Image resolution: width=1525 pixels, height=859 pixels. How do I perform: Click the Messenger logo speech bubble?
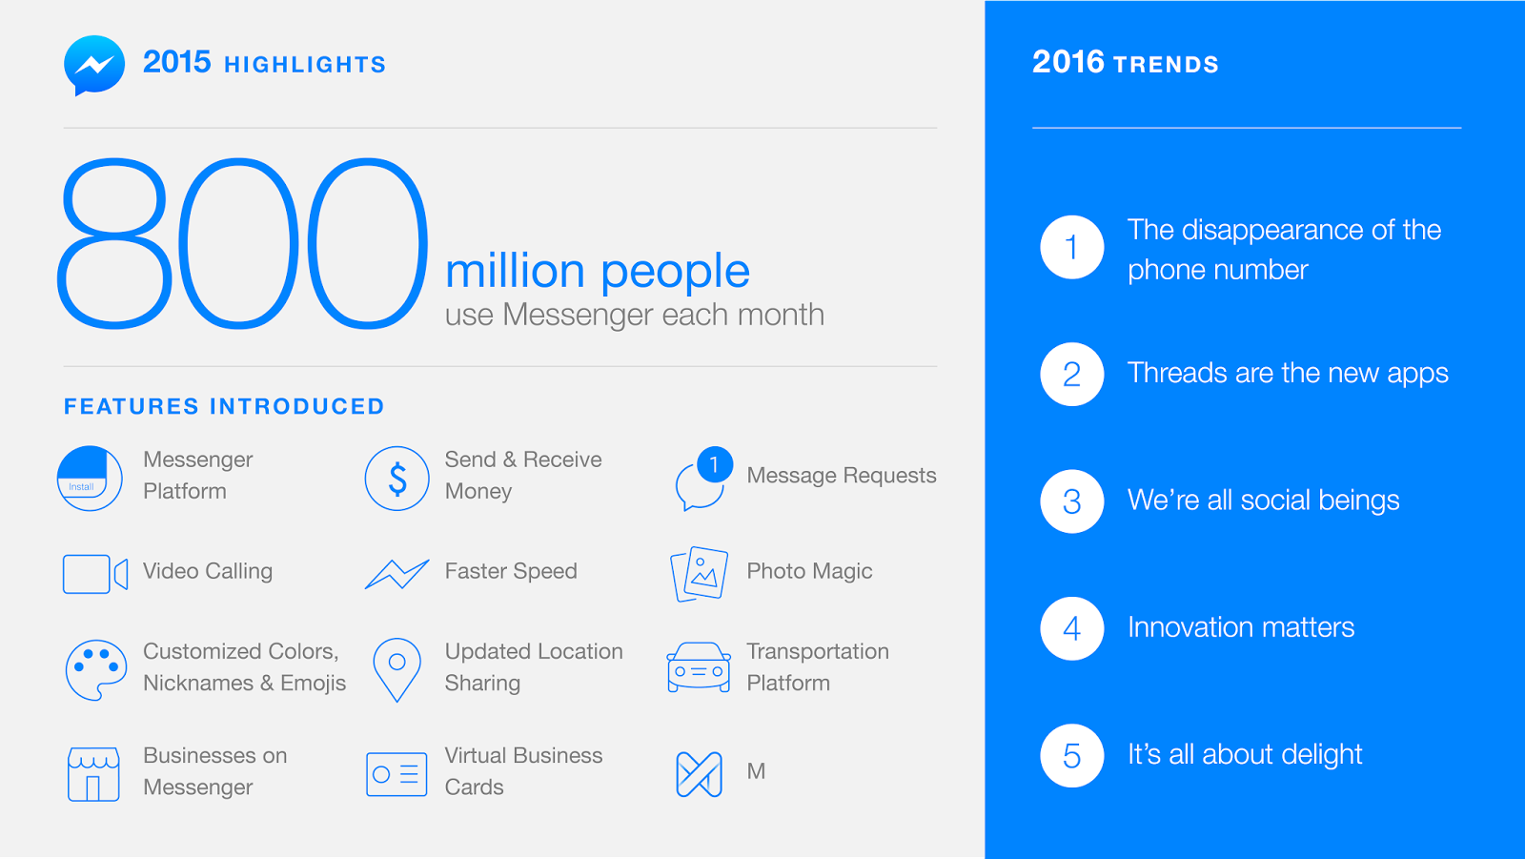tap(94, 66)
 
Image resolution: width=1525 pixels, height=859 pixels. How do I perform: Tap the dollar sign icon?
tap(396, 479)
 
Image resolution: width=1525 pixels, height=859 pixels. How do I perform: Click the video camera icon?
tap(95, 574)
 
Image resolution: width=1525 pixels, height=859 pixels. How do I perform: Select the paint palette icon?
tap(96, 670)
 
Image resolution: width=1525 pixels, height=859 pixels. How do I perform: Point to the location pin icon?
tap(396, 669)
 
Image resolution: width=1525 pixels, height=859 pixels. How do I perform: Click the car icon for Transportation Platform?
tap(699, 667)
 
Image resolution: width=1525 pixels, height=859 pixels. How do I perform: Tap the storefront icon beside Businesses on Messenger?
tap(94, 774)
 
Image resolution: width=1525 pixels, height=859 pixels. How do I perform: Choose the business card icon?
tap(396, 774)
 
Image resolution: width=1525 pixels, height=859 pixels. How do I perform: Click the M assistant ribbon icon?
tap(700, 774)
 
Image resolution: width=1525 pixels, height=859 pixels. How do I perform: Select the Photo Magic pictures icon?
tap(700, 574)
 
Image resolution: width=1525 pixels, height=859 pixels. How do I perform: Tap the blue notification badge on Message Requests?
tap(715, 464)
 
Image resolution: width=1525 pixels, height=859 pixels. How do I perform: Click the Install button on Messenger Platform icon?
tap(82, 486)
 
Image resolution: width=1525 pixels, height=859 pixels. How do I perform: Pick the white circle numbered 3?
tap(1071, 501)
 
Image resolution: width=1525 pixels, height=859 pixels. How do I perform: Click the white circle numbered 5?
tap(1071, 755)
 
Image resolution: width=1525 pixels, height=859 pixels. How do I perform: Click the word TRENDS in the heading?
tap(1167, 65)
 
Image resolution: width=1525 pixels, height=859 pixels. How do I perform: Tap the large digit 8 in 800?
tap(113, 244)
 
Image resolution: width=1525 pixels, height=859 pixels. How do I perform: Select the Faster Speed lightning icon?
tap(396, 574)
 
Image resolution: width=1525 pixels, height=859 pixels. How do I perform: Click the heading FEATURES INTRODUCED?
tap(224, 407)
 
